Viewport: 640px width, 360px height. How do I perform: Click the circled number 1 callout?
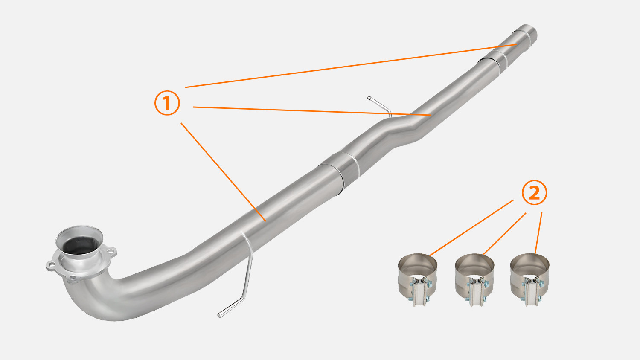pos(167,103)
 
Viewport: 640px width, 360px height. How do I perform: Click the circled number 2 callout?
pos(534,192)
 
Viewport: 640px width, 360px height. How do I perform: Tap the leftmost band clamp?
pos(417,279)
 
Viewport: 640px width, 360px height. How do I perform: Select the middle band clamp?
pos(474,280)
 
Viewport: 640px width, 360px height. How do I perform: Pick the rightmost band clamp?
pos(530,279)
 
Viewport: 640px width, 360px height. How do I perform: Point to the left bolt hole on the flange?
pos(52,264)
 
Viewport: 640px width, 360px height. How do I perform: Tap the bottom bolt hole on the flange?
pos(73,277)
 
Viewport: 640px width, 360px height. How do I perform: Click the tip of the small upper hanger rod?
pos(369,98)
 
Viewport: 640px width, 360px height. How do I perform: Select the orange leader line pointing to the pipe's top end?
pos(351,66)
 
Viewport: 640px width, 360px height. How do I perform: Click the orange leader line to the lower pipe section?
pos(224,172)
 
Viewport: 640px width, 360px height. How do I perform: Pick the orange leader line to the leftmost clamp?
pos(471,228)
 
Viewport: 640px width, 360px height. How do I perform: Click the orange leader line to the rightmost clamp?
pos(538,233)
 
